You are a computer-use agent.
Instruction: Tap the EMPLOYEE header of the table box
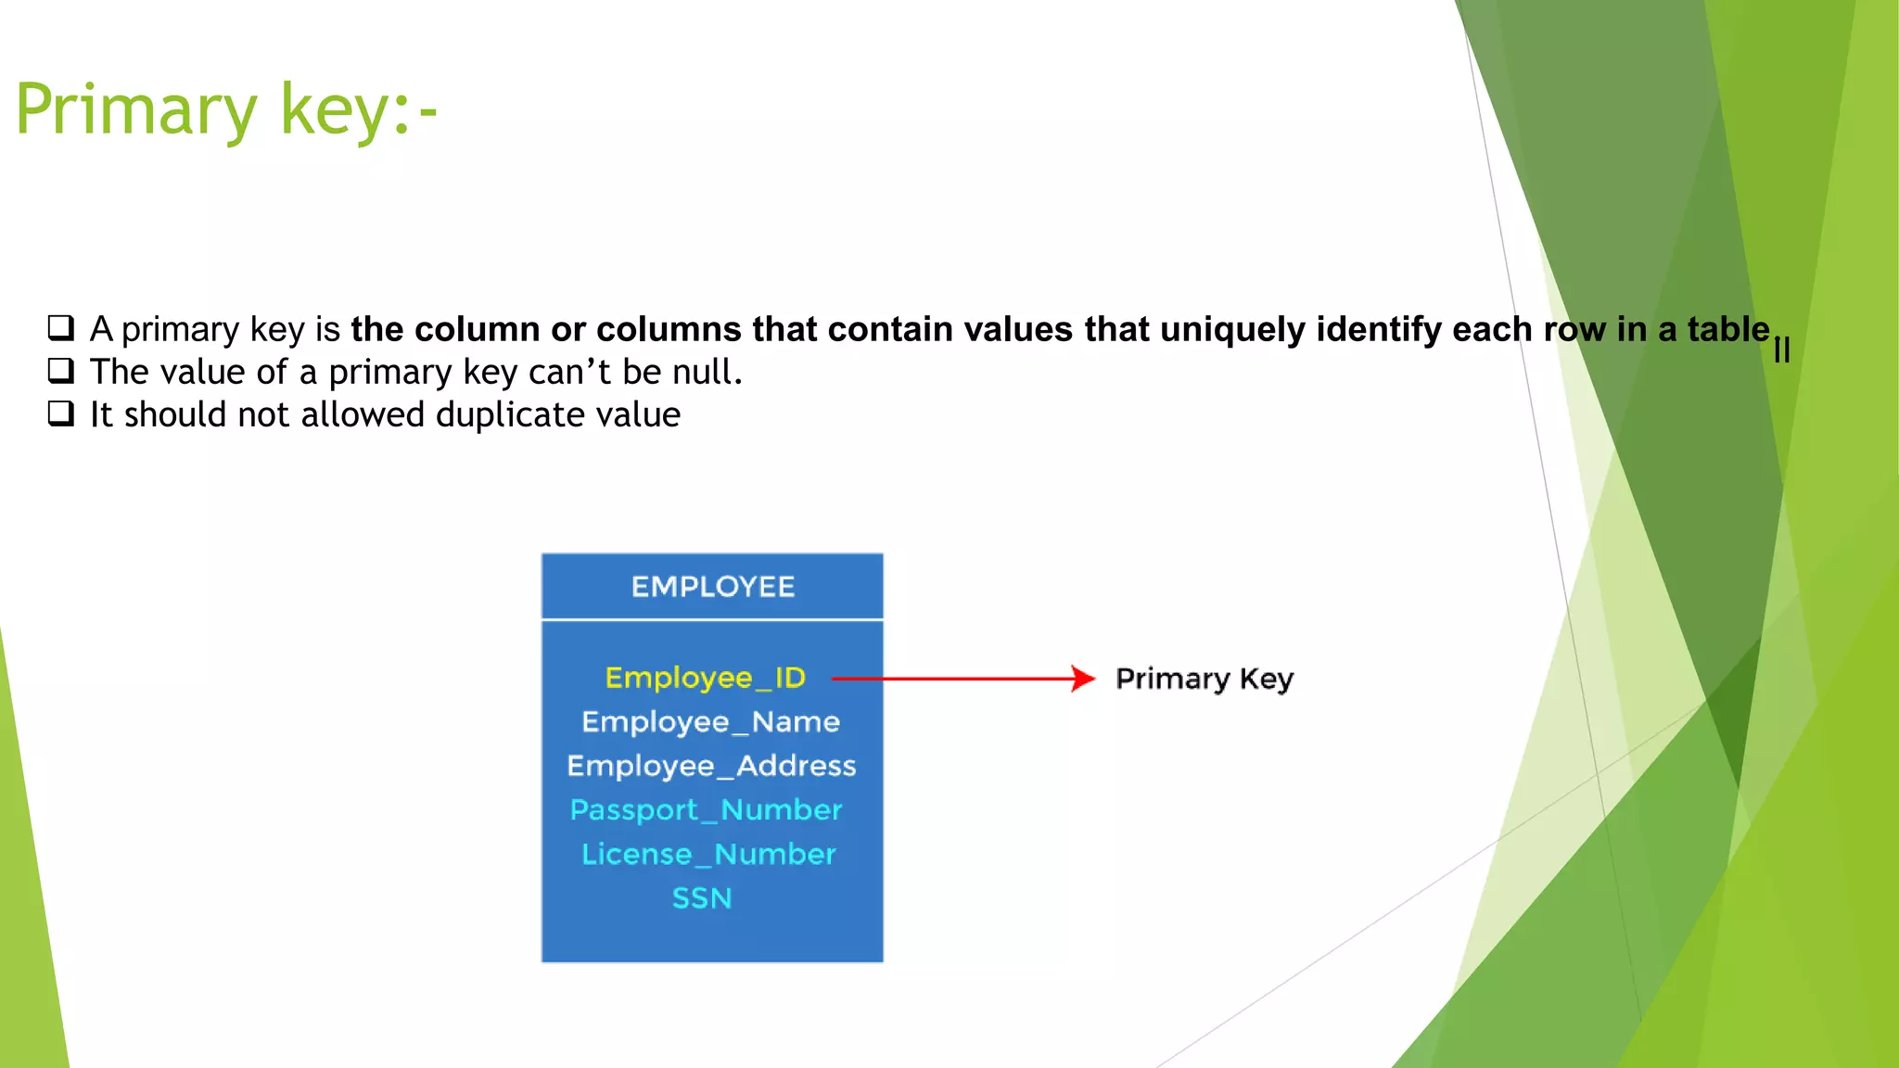(712, 587)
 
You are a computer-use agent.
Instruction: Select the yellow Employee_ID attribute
(705, 678)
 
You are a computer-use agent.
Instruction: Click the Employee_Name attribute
(710, 722)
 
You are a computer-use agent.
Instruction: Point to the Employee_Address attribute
(711, 766)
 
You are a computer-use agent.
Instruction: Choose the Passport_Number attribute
(706, 810)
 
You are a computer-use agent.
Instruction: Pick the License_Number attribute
(708, 854)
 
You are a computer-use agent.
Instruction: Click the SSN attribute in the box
(702, 898)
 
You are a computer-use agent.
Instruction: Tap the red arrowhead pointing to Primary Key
(1082, 679)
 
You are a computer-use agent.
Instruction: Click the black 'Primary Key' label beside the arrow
(1204, 680)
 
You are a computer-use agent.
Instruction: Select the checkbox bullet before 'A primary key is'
(61, 328)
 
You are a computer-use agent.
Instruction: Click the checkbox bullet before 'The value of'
(61, 371)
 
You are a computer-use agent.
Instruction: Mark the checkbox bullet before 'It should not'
(61, 413)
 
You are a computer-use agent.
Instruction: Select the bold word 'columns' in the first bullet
(659, 330)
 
